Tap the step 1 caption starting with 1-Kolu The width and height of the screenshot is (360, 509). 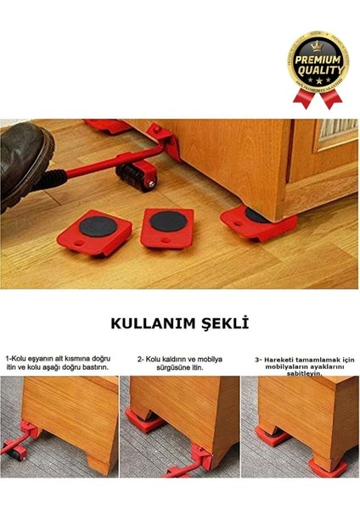pos(59,363)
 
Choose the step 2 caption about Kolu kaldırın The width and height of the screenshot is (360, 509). pos(180,363)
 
